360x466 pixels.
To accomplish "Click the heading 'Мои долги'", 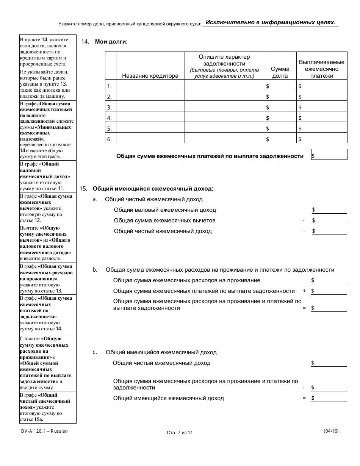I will coord(111,42).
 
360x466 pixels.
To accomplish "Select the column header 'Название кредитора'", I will coord(150,76).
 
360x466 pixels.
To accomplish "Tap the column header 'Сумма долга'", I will coord(280,72).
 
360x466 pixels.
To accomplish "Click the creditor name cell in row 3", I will coord(150,107).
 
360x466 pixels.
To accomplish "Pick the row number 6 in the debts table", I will coord(110,139).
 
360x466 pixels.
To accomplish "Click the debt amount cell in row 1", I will coord(280,86).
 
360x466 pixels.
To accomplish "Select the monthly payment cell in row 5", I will coord(322,129).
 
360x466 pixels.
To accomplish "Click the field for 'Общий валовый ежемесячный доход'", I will coord(329,210).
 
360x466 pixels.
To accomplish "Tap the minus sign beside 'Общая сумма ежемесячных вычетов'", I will coord(304,220).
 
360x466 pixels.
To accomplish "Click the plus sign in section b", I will coord(304,291).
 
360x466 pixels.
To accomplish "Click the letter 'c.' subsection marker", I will coord(95,352).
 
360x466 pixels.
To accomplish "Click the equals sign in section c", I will coord(304,398).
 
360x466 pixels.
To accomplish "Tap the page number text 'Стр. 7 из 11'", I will coord(180,433).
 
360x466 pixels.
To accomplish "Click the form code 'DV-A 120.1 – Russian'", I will coord(44,431).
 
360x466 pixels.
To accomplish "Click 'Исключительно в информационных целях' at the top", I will coord(271,23).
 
